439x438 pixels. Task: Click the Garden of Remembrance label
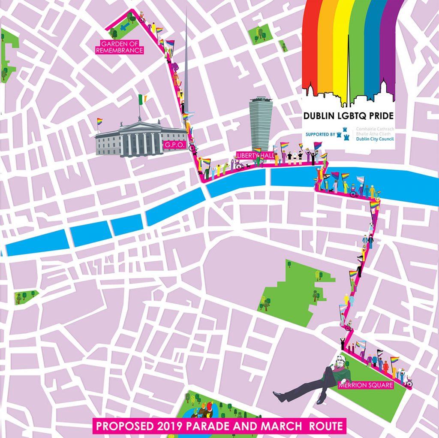(x=120, y=47)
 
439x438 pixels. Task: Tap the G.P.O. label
(x=173, y=145)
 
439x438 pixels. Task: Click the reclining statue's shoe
(x=278, y=396)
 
